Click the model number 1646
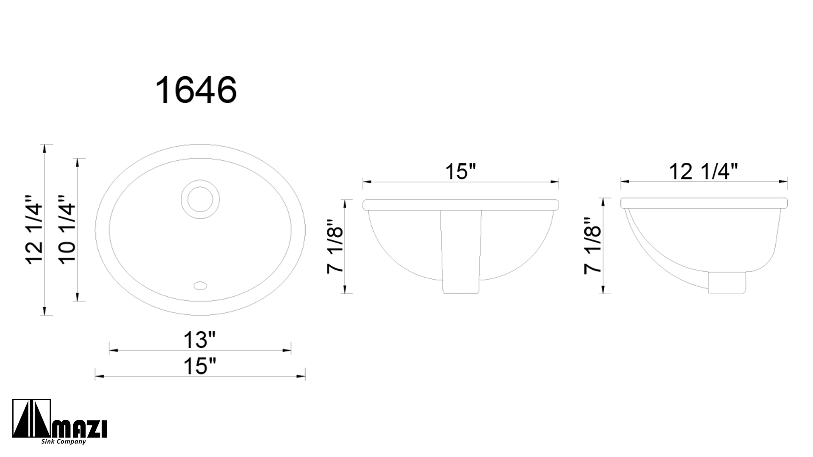pyautogui.click(x=196, y=90)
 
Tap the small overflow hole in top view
pyautogui.click(x=200, y=285)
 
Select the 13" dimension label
pyautogui.click(x=199, y=340)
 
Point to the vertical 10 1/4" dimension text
pyautogui.click(x=67, y=230)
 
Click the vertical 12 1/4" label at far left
pyautogui.click(x=34, y=230)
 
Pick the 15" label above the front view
pyautogui.click(x=460, y=172)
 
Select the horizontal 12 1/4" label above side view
pyautogui.click(x=703, y=172)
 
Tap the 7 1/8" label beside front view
pyautogui.click(x=335, y=247)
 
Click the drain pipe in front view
pyautogui.click(x=461, y=254)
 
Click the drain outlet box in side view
pyautogui.click(x=727, y=283)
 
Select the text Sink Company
pyautogui.click(x=64, y=442)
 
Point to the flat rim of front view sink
pyautogui.click(x=461, y=205)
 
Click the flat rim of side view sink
pyautogui.click(x=703, y=203)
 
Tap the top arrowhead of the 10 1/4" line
pyautogui.click(x=77, y=161)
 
